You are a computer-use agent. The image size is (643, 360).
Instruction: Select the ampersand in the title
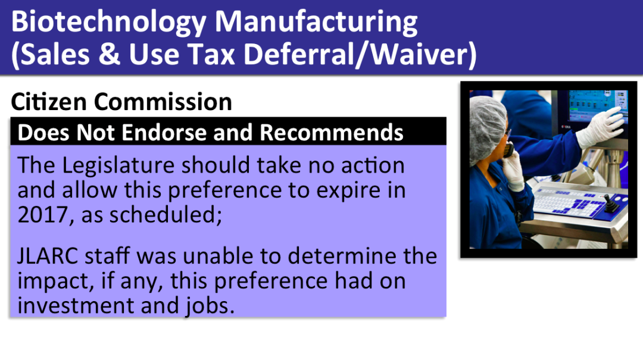point(109,54)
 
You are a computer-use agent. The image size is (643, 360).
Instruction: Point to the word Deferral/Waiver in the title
point(360,55)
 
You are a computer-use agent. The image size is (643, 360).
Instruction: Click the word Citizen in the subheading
point(49,101)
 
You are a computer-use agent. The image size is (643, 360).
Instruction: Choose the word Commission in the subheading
point(163,101)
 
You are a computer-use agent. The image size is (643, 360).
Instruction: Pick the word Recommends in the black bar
point(332,133)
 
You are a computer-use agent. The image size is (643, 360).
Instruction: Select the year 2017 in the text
point(43,215)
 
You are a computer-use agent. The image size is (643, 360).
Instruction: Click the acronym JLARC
point(48,256)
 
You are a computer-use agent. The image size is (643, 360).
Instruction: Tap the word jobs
point(208,306)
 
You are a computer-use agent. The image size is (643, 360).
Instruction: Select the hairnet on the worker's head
point(488,126)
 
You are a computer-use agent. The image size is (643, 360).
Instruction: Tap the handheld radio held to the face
point(509,149)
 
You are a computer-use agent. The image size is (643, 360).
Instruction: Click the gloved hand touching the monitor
point(601,127)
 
